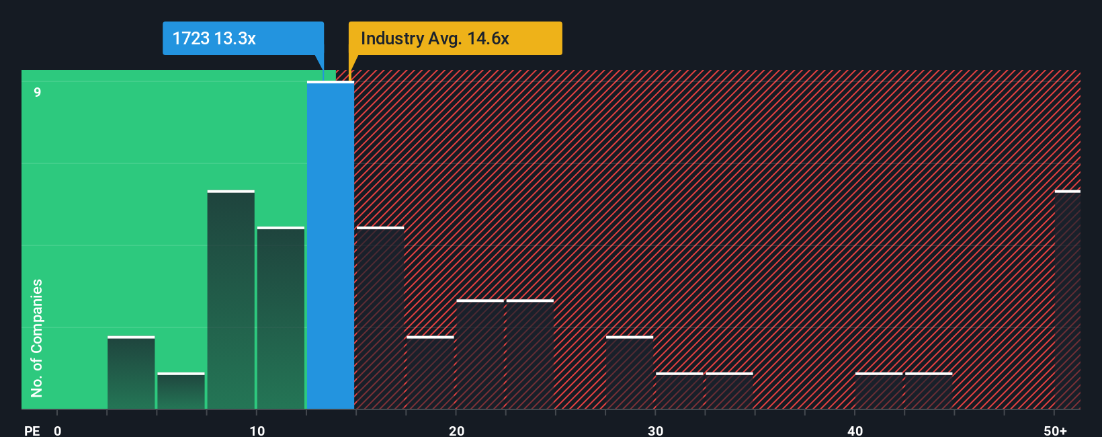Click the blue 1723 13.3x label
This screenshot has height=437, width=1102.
coord(243,38)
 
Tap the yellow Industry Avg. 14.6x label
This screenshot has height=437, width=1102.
coord(455,38)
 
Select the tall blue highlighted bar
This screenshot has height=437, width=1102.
coord(331,245)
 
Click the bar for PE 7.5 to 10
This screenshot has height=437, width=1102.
coord(231,300)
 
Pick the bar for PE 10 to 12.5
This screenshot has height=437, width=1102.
coord(281,318)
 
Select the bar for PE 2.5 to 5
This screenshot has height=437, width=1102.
coord(131,372)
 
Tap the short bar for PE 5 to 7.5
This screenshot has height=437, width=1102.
coord(181,391)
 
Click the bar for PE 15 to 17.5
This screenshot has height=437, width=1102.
coord(380,318)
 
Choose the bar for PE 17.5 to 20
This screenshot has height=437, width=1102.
coord(430,372)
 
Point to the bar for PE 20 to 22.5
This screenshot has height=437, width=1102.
coord(480,354)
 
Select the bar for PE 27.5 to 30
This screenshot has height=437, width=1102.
coord(630,372)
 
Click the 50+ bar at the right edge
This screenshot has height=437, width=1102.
coord(1067,300)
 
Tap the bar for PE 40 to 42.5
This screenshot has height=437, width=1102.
coord(879,391)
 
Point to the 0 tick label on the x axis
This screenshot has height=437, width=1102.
coord(58,430)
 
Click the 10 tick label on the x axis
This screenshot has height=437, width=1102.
coord(257,430)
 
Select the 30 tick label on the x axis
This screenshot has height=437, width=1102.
coord(655,430)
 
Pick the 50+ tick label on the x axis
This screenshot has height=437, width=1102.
coord(1055,430)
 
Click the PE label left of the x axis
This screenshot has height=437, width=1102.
coord(32,430)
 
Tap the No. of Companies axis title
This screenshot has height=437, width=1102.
coord(37,337)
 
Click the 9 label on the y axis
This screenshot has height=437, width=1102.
coord(38,92)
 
